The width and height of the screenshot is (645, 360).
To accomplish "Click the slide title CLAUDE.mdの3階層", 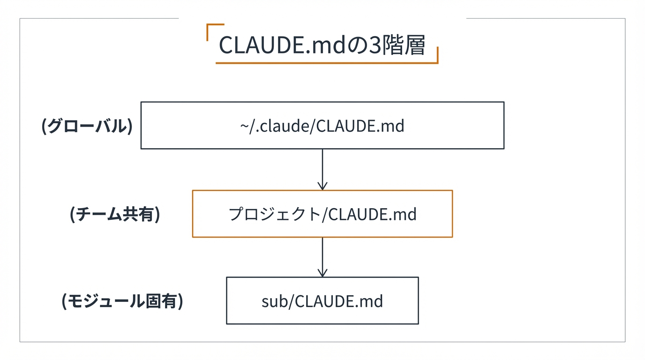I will pos(322,45).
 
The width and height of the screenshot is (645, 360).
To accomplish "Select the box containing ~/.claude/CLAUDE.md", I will pos(322,126).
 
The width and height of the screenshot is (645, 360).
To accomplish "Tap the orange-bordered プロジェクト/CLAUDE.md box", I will pos(322,214).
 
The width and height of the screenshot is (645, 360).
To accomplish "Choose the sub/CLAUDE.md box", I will pos(322,300).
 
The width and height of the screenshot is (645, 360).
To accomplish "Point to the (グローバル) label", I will pos(87,126).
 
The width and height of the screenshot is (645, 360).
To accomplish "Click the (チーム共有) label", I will pos(115,214).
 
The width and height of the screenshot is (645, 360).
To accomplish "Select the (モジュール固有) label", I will pos(122,301).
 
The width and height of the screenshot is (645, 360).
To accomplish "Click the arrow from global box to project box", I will pos(322,169).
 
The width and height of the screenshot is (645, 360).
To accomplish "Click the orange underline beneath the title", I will pos(323,62).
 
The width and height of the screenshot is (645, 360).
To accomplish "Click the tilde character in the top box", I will pos(245,126).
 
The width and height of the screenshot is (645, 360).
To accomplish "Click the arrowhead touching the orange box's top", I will pos(322,187).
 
